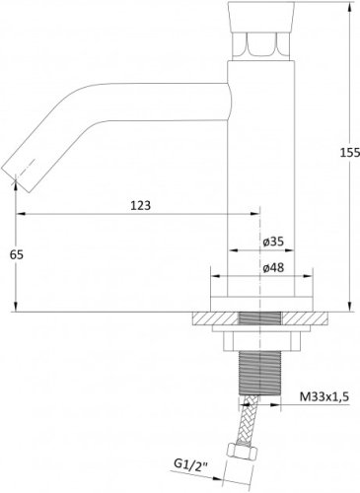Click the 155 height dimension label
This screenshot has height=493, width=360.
350,153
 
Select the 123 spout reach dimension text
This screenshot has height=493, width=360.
141,205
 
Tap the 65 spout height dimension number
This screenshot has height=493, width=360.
17,254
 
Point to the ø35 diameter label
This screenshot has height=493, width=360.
273,242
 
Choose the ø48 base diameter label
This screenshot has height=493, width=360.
273,267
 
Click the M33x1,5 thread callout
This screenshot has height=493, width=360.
324,397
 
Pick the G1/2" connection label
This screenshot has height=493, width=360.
190,464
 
